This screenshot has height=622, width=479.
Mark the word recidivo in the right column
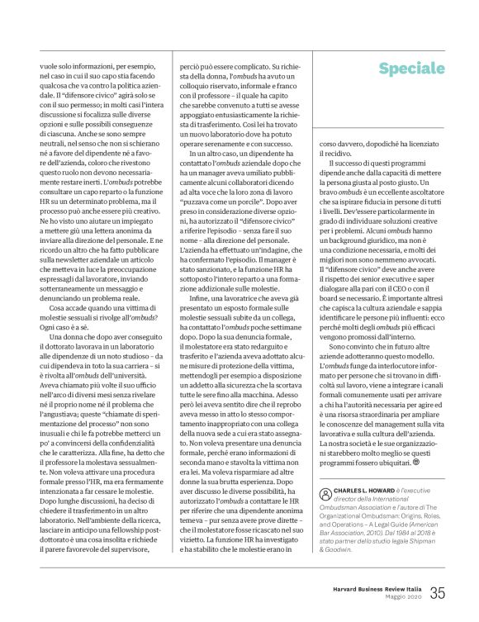[336, 154]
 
